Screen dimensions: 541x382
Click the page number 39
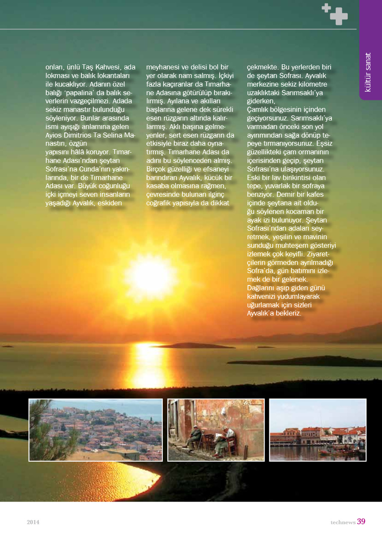click(x=361, y=521)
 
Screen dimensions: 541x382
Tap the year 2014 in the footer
click(x=33, y=522)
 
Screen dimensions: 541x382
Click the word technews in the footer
click(x=343, y=522)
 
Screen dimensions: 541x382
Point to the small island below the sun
click(x=193, y=345)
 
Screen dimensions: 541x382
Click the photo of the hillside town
click(x=95, y=430)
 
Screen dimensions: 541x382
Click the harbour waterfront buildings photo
click(x=318, y=430)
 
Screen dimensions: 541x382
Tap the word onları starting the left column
click(x=55, y=67)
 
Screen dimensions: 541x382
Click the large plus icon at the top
click(x=339, y=16)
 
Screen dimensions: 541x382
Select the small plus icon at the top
click(x=326, y=8)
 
